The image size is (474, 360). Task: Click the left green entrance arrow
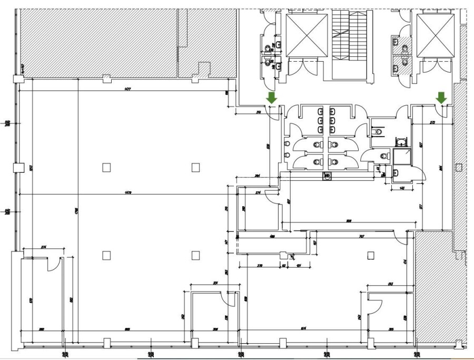tap(271, 98)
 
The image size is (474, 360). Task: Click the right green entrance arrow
tap(441, 98)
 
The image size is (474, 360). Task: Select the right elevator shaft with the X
tap(436, 34)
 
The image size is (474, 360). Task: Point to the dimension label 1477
tap(128, 89)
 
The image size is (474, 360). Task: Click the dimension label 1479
tap(128, 192)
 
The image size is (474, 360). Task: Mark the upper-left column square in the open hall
tap(106, 168)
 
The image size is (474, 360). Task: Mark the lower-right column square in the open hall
tap(196, 256)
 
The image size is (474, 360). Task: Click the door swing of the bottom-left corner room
tap(52, 265)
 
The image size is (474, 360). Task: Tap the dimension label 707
tap(361, 237)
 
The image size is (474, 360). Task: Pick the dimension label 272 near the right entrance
tap(432, 122)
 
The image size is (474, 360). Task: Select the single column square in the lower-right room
tap(370, 256)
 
